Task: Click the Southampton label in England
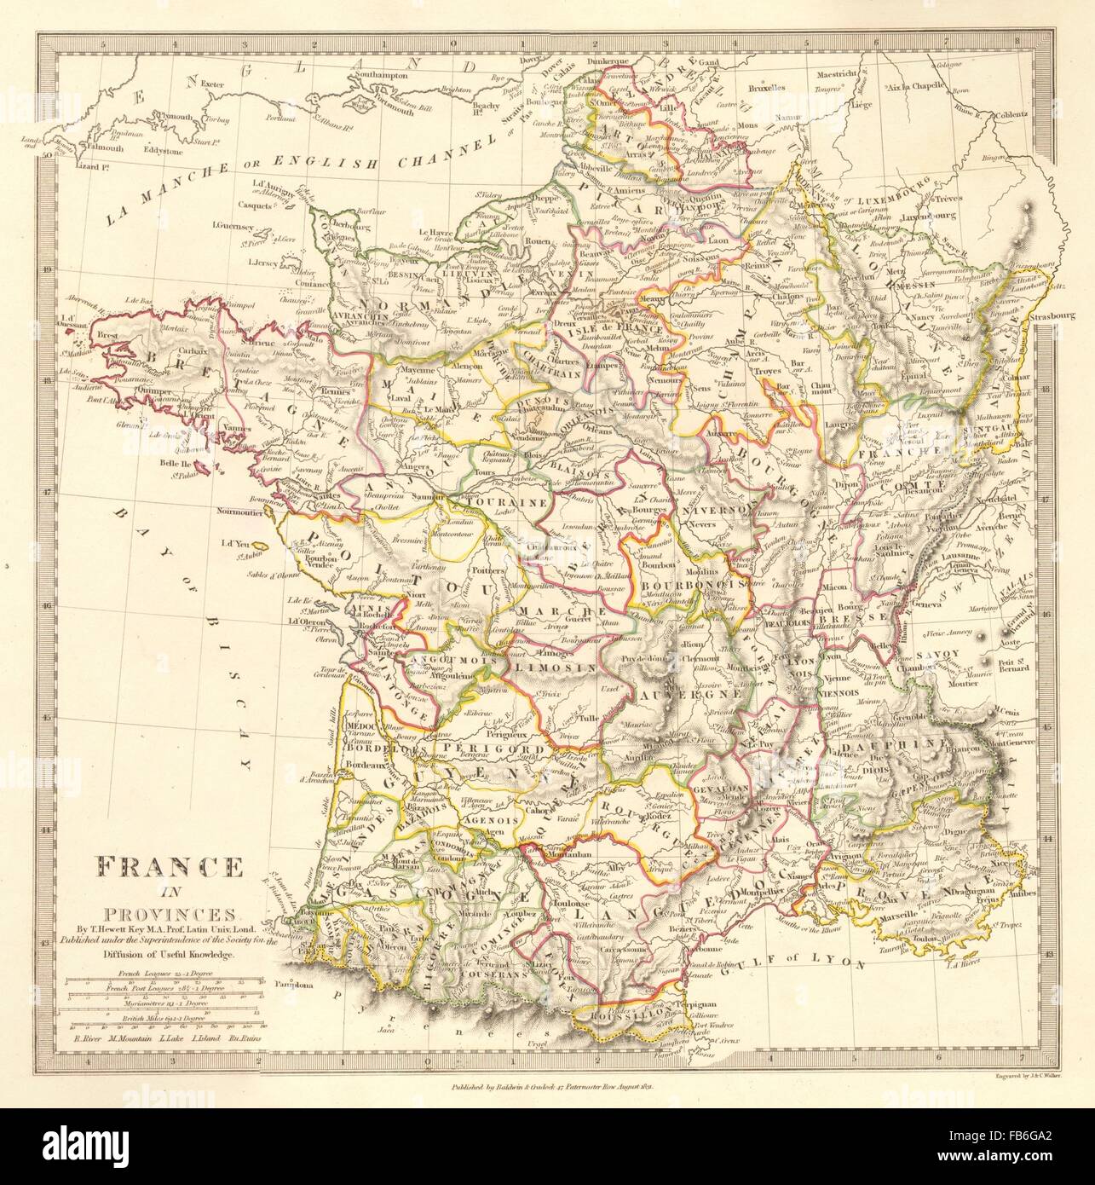(392, 75)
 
